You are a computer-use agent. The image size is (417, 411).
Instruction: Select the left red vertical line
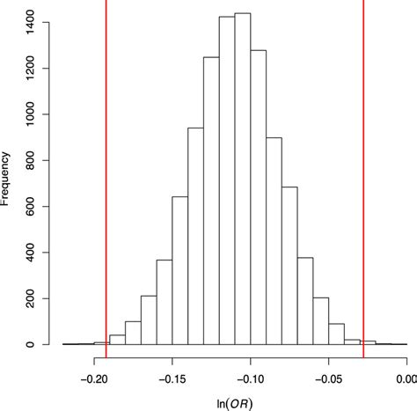[x=106, y=176]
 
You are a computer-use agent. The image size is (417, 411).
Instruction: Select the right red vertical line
[x=363, y=176]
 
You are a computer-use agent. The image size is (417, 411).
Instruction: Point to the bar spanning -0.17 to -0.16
[x=149, y=320]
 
